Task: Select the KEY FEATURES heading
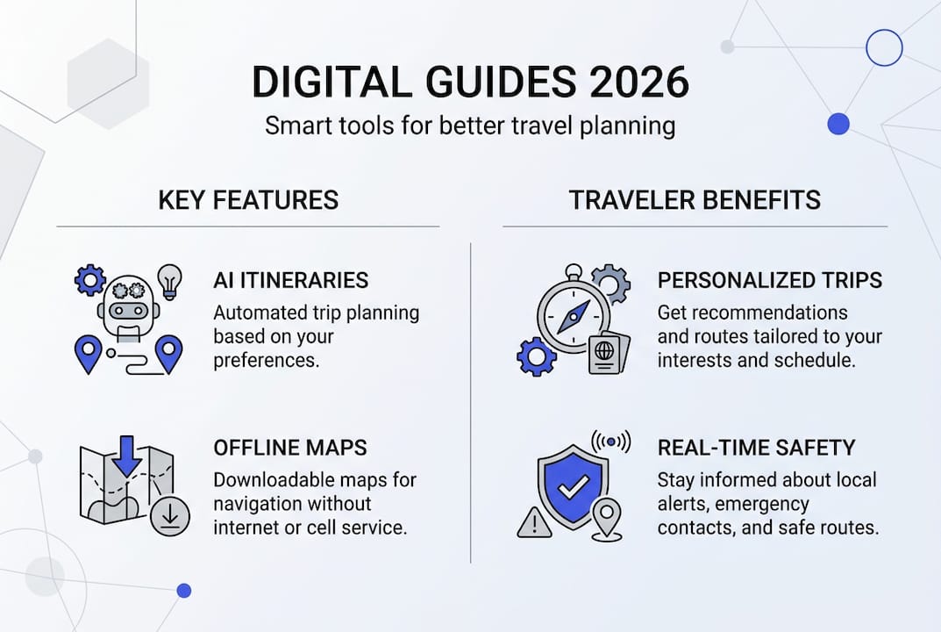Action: click(x=248, y=200)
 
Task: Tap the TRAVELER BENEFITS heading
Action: click(x=695, y=200)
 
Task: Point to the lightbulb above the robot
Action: click(x=169, y=282)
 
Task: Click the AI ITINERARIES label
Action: click(x=290, y=280)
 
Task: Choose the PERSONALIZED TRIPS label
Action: click(x=769, y=280)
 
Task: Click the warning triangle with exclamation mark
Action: click(x=533, y=523)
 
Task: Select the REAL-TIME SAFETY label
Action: click(x=756, y=448)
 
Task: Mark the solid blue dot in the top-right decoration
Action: click(x=838, y=124)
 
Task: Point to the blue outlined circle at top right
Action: click(x=883, y=47)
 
